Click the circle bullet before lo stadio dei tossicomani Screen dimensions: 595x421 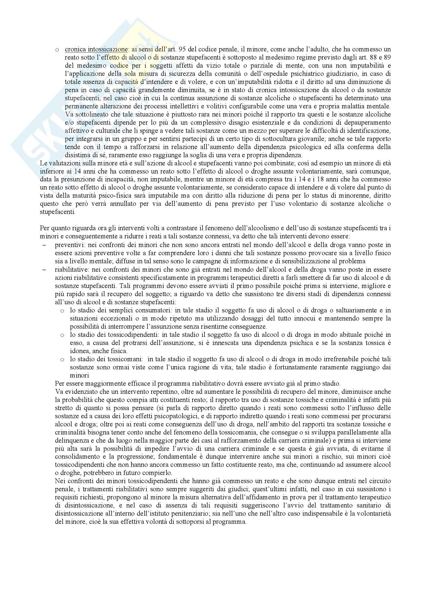[x=62, y=360]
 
